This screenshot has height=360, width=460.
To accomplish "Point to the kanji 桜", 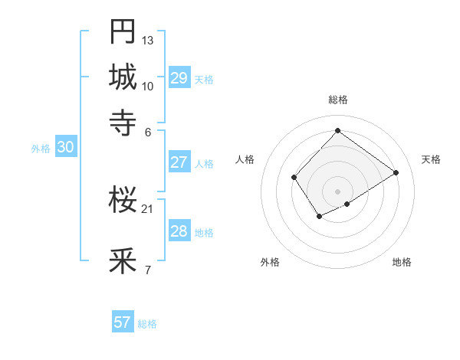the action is [x=123, y=200].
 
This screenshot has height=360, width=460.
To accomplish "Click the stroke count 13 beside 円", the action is [x=148, y=39].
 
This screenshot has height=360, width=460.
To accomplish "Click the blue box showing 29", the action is [x=179, y=78].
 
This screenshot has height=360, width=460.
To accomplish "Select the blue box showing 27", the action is [x=179, y=162].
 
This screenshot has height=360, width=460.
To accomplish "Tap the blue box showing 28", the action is [x=179, y=231].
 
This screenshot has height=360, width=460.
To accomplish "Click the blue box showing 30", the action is [x=65, y=148].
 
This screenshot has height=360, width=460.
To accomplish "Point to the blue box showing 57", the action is [x=123, y=322].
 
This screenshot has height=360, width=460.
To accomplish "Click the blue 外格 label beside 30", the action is [x=41, y=149].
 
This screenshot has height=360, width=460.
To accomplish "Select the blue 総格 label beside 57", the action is [x=147, y=324].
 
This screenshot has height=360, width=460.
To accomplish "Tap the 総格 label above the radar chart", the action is [x=338, y=100].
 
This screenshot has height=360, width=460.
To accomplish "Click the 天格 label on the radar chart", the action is [x=432, y=159].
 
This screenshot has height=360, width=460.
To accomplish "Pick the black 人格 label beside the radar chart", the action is [x=245, y=159].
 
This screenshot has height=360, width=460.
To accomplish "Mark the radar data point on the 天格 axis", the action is [x=396, y=172].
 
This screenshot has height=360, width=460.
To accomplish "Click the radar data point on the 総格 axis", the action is [x=338, y=131].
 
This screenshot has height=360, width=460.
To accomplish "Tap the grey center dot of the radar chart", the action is [x=338, y=191].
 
